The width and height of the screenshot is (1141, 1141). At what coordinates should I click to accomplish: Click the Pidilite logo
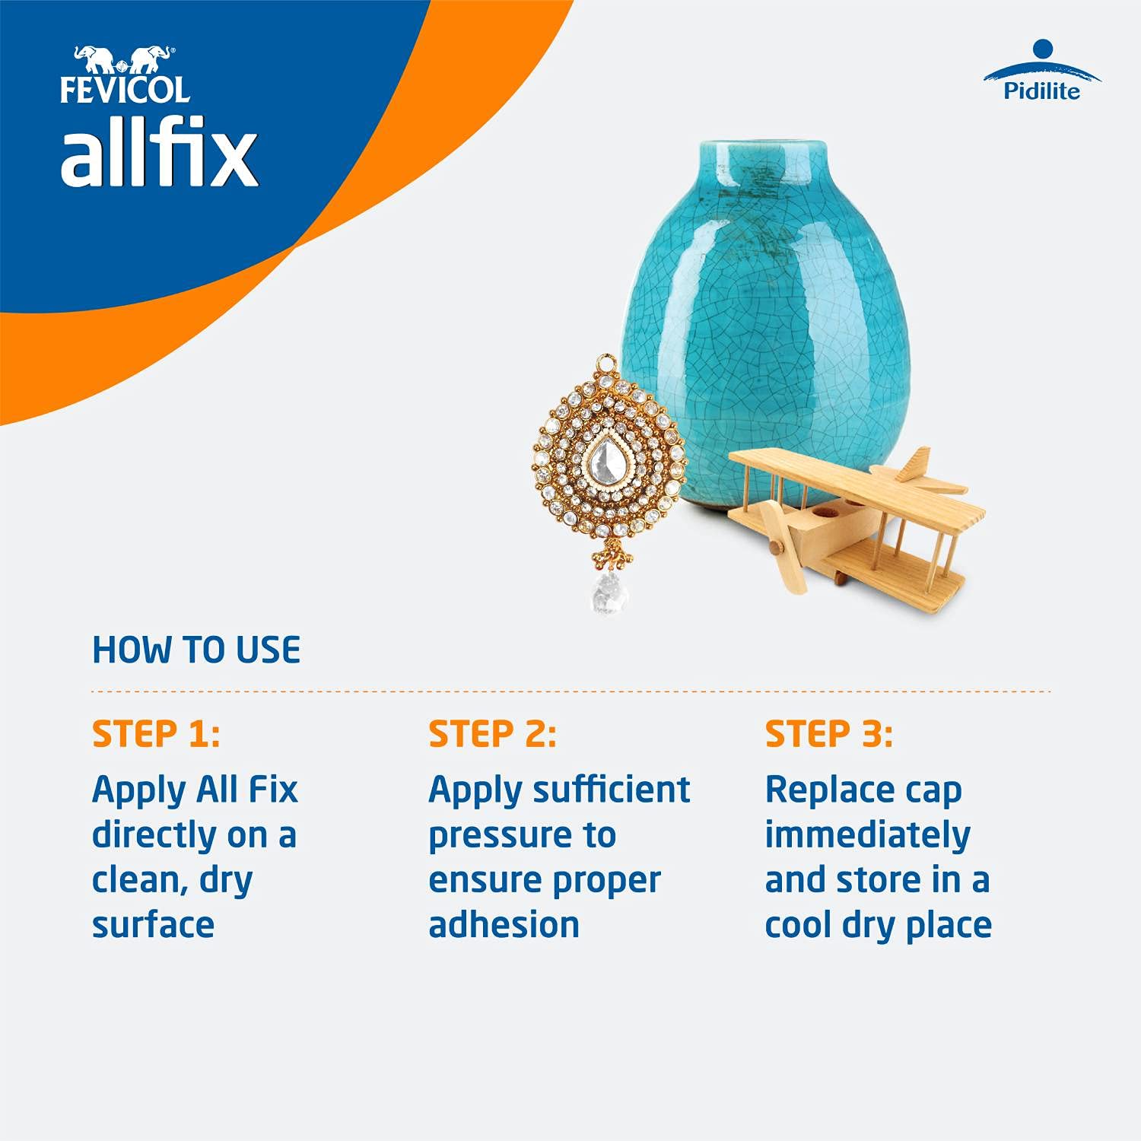tap(1041, 72)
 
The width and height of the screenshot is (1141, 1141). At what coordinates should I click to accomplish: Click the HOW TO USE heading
tap(196, 650)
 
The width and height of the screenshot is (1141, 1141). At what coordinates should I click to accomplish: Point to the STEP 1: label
tap(156, 734)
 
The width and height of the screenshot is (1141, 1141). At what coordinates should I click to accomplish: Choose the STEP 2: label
tap(492, 734)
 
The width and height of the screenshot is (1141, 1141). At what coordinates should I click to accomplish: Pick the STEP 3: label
tap(828, 734)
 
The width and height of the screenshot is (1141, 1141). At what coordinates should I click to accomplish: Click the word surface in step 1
tap(153, 925)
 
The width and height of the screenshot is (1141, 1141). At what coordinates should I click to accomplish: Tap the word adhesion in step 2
tap(504, 925)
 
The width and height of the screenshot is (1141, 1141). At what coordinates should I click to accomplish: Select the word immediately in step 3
tap(867, 835)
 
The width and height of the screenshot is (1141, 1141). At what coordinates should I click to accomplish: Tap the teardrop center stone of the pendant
tap(606, 458)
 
